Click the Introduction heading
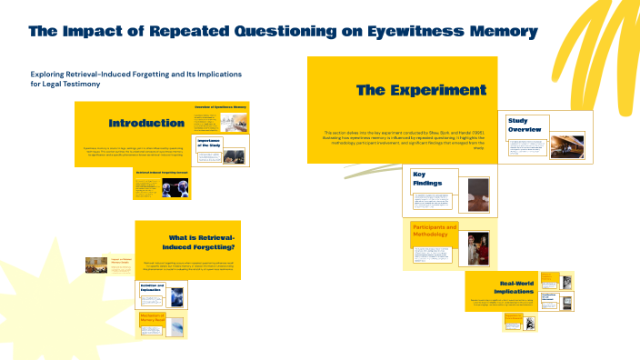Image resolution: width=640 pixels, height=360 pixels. click(146, 123)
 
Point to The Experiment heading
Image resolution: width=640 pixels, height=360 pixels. click(420, 90)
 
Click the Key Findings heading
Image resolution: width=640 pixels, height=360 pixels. click(427, 178)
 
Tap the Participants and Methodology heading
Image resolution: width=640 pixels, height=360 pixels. click(435, 231)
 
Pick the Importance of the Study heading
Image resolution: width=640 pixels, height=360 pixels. click(210, 143)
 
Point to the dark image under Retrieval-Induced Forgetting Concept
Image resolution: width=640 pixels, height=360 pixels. click(173, 187)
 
